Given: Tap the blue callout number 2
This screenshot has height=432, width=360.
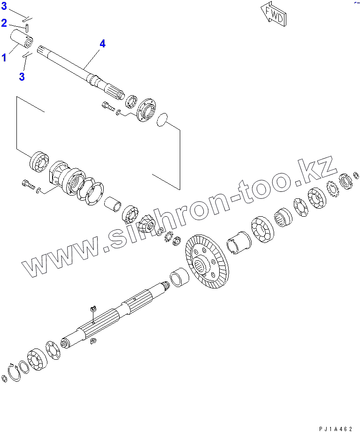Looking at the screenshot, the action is tap(4, 23).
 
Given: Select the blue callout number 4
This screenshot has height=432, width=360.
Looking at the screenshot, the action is tap(102, 44).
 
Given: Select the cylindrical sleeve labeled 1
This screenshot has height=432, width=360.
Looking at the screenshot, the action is tap(22, 39).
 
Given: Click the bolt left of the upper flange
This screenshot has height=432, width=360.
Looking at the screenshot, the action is tap(108, 106).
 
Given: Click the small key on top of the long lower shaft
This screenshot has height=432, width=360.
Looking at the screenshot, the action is tap(92, 308).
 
